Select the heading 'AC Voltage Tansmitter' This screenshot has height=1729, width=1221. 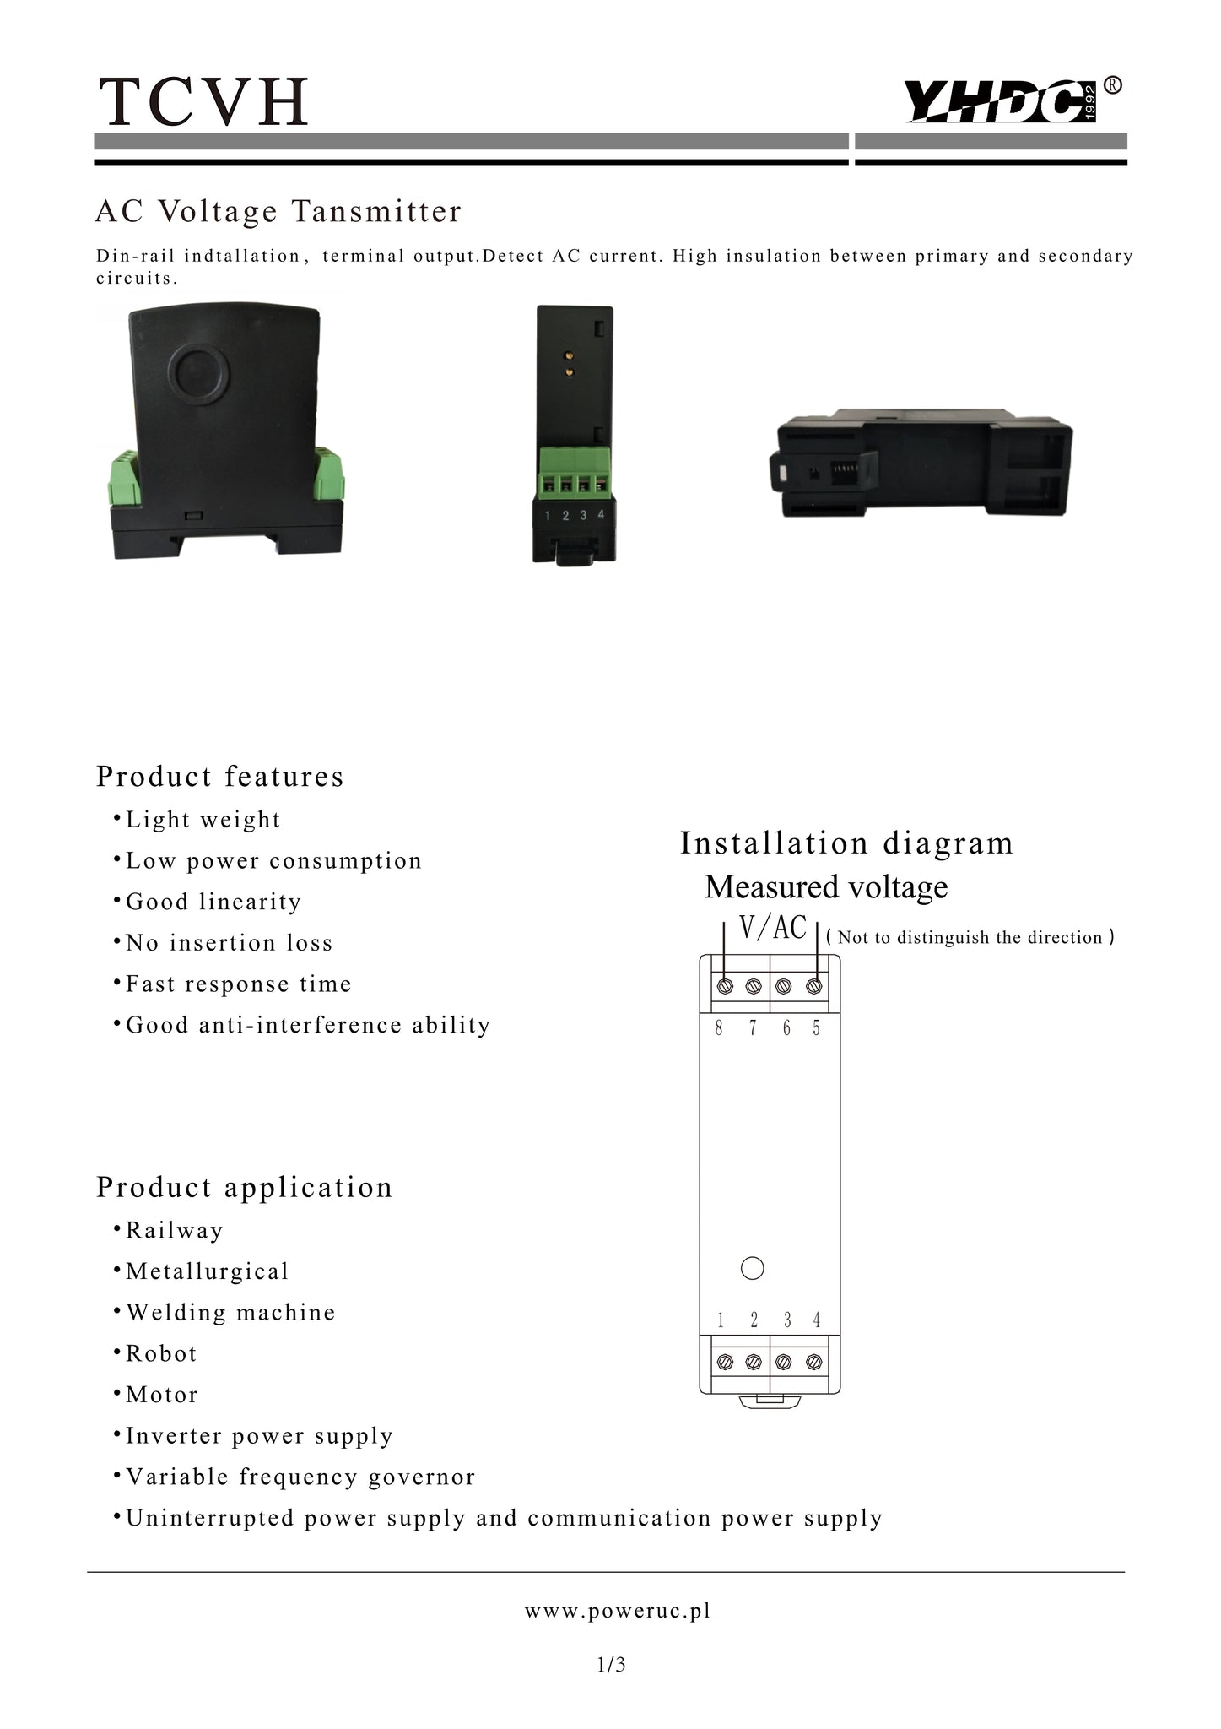click(278, 211)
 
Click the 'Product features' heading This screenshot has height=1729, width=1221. click(220, 777)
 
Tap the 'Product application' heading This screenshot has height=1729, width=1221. click(245, 1188)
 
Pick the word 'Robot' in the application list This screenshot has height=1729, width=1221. click(161, 1354)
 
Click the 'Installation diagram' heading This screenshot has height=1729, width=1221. click(846, 843)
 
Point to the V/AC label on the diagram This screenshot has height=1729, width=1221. click(773, 927)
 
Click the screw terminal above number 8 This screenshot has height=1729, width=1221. click(725, 985)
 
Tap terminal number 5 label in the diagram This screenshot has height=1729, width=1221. click(816, 1028)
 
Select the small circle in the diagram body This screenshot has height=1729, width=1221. click(752, 1268)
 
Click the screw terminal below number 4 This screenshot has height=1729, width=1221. click(814, 1361)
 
